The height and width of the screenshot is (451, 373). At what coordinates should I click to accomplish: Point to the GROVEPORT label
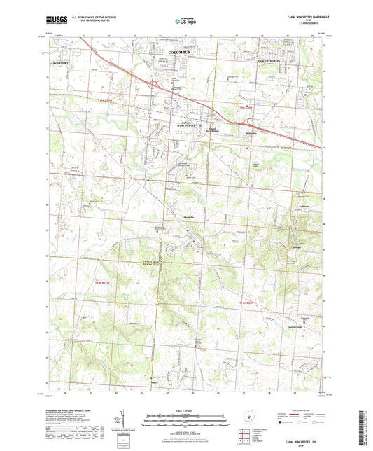(x=61, y=62)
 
